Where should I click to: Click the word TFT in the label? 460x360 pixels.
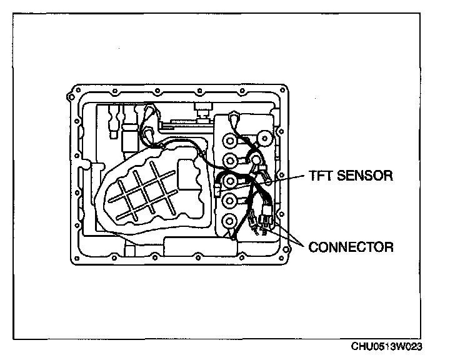pyautogui.click(x=319, y=176)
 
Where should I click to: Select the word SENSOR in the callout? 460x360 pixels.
pyautogui.click(x=365, y=176)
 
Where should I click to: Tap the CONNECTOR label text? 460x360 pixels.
pyautogui.click(x=351, y=247)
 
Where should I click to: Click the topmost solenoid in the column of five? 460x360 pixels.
pyautogui.click(x=231, y=140)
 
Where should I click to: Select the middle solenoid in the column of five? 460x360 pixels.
pyautogui.click(x=231, y=181)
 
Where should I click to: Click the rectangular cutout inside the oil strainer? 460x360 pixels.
pyautogui.click(x=188, y=174)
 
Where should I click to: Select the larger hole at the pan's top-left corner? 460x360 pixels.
pyautogui.click(x=71, y=96)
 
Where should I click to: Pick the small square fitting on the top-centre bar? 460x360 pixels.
pyautogui.click(x=201, y=114)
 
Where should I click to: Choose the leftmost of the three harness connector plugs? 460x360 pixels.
pyautogui.click(x=251, y=219)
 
